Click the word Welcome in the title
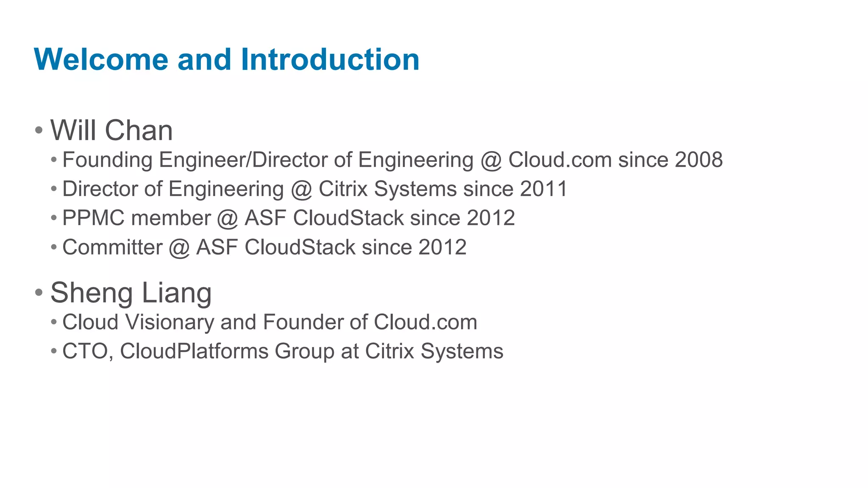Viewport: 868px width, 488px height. (x=101, y=59)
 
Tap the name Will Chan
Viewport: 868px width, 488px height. (x=111, y=130)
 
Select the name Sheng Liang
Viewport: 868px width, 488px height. (x=131, y=293)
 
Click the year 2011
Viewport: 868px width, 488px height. (x=543, y=189)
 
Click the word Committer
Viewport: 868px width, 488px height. (x=112, y=247)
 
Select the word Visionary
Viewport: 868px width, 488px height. (x=170, y=322)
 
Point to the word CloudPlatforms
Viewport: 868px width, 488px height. (x=194, y=352)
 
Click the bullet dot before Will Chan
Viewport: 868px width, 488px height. (x=39, y=130)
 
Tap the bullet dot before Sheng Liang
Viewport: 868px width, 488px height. (x=39, y=292)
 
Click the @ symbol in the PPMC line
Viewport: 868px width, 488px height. (x=227, y=219)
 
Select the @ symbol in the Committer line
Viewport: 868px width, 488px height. (x=179, y=248)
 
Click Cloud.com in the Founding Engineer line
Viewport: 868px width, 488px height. (x=560, y=160)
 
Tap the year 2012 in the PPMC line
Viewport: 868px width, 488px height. (x=491, y=218)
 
